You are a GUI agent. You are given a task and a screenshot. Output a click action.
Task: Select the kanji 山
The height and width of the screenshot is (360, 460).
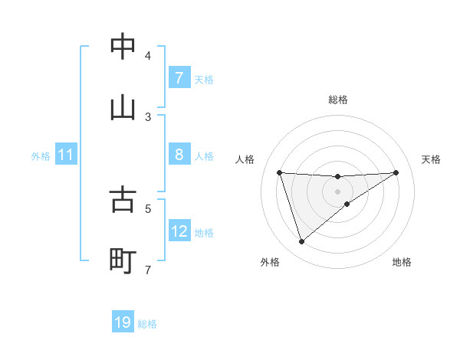pos(123,108)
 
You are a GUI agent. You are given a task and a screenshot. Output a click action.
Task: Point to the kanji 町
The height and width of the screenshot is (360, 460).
pos(123,261)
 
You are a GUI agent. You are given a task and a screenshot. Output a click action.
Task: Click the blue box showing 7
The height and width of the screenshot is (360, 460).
pos(179,78)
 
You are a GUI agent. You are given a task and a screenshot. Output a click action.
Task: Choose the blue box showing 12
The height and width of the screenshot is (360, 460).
pos(179,232)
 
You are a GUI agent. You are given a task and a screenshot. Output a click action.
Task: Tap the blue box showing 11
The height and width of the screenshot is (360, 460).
pos(65,155)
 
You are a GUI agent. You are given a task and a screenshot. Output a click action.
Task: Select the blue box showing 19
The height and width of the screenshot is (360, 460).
pos(123,322)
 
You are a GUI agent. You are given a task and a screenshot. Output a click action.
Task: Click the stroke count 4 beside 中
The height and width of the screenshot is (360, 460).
pos(148,55)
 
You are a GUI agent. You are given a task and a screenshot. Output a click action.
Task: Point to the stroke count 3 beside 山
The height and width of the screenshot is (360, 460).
pos(148,116)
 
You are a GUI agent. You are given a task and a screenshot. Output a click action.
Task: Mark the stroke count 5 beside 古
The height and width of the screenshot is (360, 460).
pos(148,208)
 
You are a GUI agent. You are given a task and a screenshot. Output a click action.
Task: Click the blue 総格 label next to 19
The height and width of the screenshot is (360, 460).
pos(147,324)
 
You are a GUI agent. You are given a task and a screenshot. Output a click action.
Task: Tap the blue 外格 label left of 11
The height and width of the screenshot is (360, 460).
pos(41,156)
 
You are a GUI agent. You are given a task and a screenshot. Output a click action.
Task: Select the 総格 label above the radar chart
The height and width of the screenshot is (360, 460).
pos(337,100)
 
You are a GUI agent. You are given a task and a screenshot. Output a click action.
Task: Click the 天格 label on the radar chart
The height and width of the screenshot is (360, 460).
pos(432,159)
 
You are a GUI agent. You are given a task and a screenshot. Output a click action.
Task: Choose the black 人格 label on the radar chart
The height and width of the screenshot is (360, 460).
pos(245,159)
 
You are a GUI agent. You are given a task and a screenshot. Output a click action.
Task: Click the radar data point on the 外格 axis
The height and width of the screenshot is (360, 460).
pos(301,242)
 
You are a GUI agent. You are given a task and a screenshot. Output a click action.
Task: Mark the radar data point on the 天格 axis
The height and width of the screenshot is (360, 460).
pos(396,172)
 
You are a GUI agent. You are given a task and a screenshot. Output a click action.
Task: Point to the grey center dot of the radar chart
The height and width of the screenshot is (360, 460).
pos(337,191)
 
